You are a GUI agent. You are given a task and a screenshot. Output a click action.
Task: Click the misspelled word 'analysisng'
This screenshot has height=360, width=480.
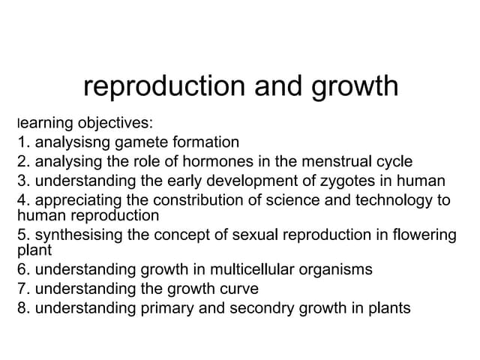(73, 141)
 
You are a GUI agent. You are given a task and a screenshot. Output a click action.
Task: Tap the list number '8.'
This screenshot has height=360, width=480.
(23, 307)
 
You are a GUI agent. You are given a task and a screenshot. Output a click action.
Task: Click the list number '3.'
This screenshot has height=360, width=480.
(23, 180)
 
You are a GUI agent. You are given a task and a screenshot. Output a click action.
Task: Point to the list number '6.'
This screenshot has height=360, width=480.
(23, 268)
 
